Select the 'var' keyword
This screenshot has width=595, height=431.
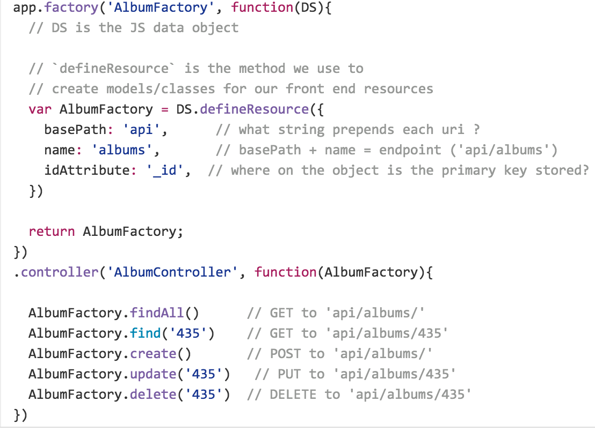tap(40, 109)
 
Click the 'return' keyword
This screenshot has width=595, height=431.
tap(52, 232)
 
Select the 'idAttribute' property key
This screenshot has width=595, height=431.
tap(86, 170)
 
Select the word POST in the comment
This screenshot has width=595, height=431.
tap(285, 354)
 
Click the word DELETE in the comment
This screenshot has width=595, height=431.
tap(293, 395)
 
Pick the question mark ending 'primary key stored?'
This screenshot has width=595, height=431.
tap(584, 170)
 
